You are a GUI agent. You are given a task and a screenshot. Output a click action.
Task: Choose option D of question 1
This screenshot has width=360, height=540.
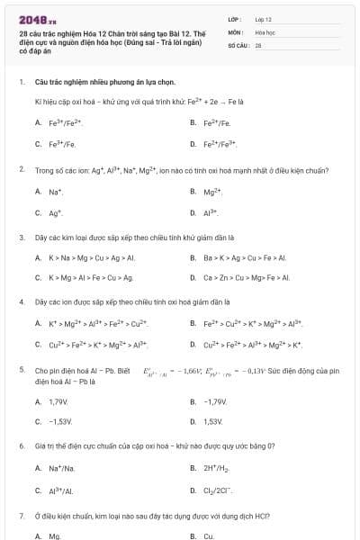(x=219, y=143)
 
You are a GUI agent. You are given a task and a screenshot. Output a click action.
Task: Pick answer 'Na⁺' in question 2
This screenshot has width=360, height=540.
(x=56, y=191)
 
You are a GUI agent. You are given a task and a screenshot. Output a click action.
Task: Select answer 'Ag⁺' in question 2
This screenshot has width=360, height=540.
(x=56, y=212)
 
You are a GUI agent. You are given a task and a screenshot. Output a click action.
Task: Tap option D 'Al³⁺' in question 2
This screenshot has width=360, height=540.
(x=211, y=212)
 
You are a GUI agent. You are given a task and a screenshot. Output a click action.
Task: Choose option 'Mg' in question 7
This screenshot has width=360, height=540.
(x=55, y=535)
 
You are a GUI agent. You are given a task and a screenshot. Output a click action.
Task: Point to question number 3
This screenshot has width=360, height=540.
(x=21, y=238)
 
